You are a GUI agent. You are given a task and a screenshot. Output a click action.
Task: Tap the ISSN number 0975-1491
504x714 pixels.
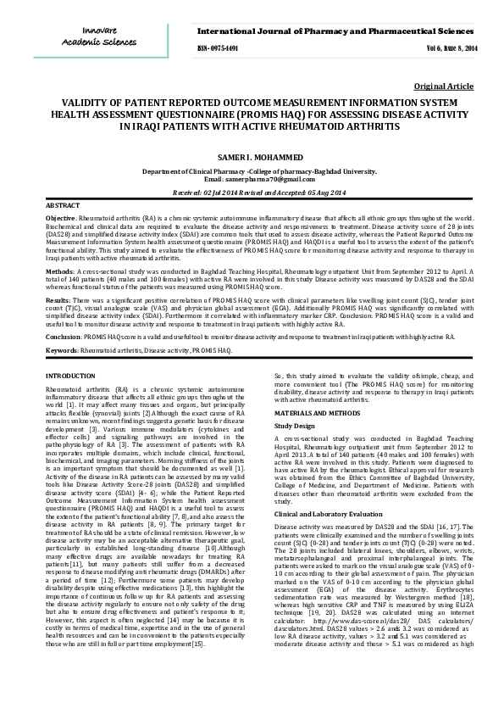(217, 49)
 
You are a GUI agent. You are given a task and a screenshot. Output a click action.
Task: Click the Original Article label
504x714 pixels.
(443, 87)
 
